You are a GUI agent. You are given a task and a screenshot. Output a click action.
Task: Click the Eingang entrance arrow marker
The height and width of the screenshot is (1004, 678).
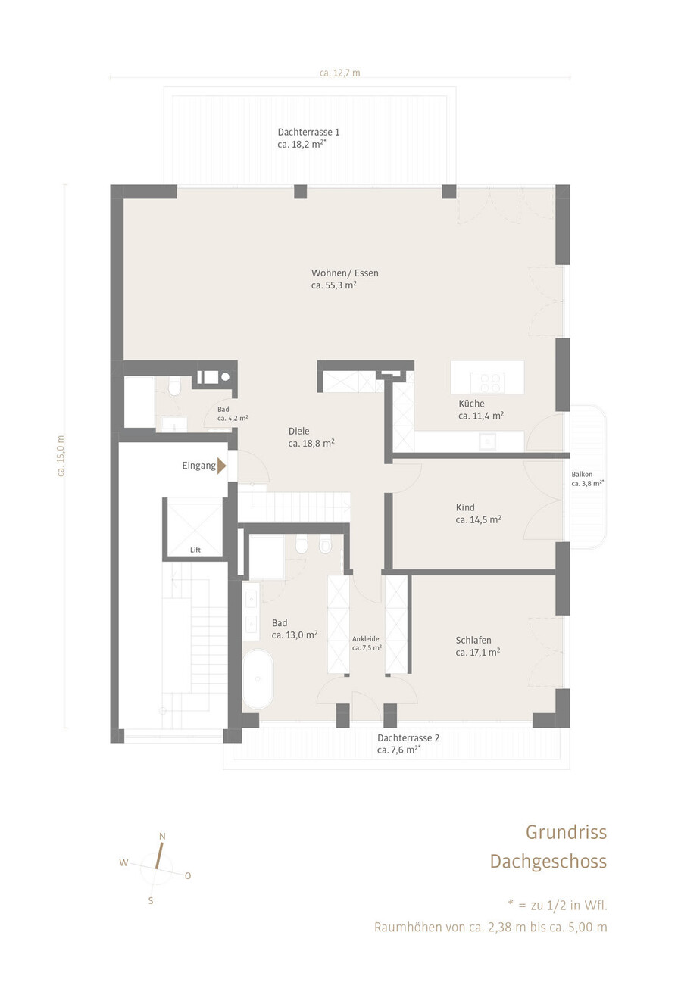(221, 466)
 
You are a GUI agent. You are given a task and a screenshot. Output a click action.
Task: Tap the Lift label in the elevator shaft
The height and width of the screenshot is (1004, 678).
(195, 550)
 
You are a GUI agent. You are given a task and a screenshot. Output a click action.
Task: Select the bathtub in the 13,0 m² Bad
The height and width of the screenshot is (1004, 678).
(258, 678)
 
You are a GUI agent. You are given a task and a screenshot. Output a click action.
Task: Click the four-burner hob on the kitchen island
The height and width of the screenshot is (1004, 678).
(487, 383)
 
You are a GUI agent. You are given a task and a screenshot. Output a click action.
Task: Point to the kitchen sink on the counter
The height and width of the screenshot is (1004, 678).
(487, 441)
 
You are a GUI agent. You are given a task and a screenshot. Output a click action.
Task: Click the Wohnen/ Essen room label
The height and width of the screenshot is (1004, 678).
(345, 273)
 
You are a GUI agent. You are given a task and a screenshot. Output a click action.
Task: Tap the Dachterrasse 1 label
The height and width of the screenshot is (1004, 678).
(308, 133)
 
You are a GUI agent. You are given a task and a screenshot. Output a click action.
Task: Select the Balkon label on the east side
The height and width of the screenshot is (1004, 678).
(582, 474)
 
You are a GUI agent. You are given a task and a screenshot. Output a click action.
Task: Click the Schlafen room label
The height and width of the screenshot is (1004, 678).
(473, 640)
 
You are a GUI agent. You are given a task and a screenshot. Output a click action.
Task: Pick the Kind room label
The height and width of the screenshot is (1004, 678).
(465, 507)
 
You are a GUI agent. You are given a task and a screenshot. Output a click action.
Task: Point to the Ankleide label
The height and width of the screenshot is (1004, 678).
(365, 639)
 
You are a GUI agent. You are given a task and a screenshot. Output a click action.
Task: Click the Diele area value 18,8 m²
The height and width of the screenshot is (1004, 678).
(317, 444)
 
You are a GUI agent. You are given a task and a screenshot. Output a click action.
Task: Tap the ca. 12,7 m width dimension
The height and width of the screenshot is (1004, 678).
(340, 73)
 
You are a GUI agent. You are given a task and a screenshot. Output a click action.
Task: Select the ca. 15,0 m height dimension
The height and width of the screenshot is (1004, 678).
(61, 455)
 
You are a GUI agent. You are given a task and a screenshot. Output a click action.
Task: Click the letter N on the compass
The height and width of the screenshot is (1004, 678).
(162, 836)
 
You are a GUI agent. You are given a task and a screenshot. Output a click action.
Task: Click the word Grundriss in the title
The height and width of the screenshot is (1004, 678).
(567, 832)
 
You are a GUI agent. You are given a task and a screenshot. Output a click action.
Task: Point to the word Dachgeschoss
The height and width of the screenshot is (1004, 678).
(548, 862)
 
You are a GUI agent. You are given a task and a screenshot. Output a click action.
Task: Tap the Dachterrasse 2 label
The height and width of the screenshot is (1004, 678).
(408, 737)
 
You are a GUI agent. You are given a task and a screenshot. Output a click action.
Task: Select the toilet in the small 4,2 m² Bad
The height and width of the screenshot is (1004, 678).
(174, 386)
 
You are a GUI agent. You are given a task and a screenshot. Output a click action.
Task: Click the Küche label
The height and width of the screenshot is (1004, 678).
(471, 404)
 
